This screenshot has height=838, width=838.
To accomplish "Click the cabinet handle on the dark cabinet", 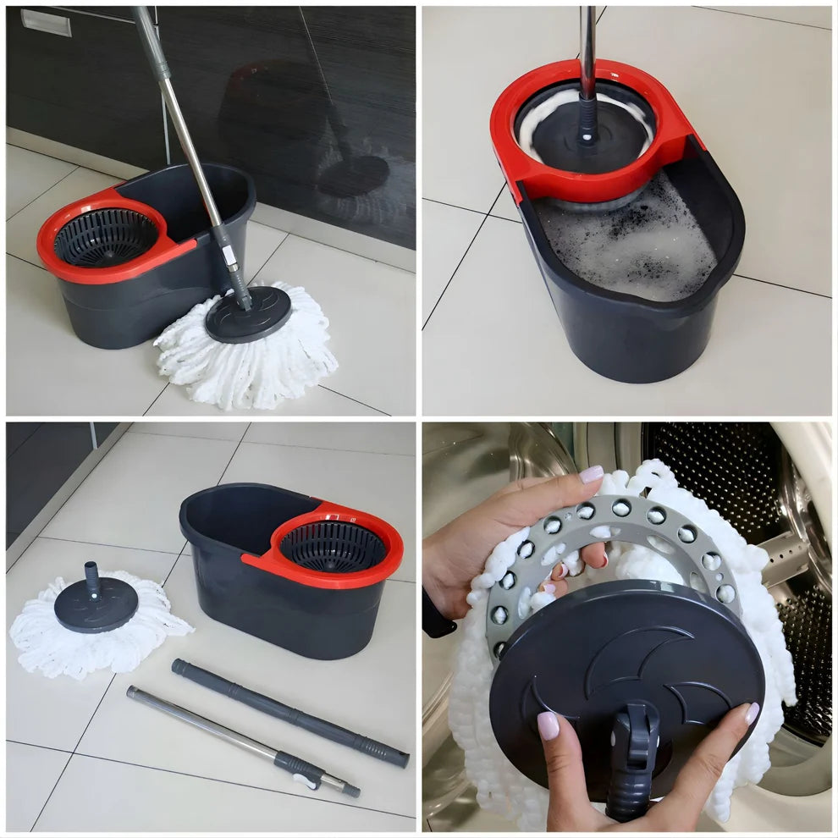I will (x=46, y=22).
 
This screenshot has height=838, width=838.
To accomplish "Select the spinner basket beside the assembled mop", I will (x=106, y=237).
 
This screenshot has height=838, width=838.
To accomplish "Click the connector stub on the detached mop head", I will (x=92, y=577).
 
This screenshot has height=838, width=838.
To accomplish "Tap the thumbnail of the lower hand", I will (x=549, y=725).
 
